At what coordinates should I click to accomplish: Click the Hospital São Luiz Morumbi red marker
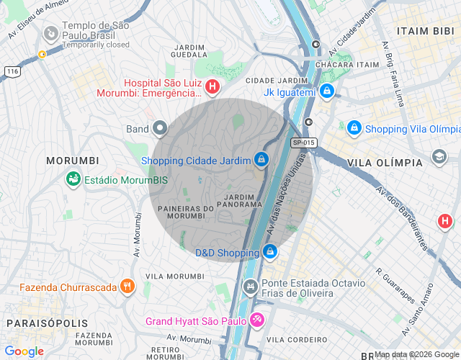[212, 87]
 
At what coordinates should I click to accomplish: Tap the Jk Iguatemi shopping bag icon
[328, 91]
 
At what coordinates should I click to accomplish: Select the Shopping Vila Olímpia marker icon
[354, 128]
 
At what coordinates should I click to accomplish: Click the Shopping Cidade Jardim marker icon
[261, 159]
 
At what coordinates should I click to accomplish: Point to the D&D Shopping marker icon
[270, 252]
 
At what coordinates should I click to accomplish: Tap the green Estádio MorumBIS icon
[73, 178]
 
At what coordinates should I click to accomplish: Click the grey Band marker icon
[160, 129]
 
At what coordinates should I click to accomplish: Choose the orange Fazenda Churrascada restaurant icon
[127, 287]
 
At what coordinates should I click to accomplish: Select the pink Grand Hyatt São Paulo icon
[257, 320]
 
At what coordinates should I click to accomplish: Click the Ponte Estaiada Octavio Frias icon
[251, 287]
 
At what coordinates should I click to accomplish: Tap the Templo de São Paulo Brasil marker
[51, 34]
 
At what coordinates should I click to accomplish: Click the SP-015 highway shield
[305, 143]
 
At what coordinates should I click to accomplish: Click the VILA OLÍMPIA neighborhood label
[385, 163]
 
